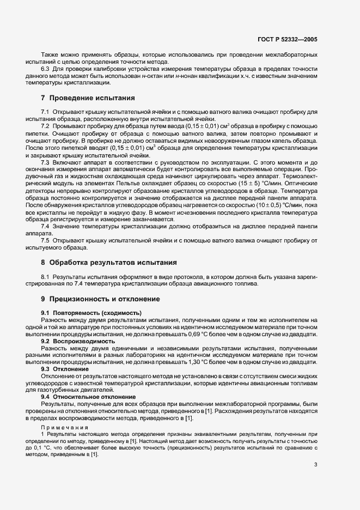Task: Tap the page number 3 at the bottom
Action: [x=315, y=464]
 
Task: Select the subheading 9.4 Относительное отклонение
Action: [x=88, y=397]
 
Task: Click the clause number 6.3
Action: [x=46, y=70]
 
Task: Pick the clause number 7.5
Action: [x=46, y=240]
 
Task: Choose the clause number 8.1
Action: [x=46, y=277]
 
